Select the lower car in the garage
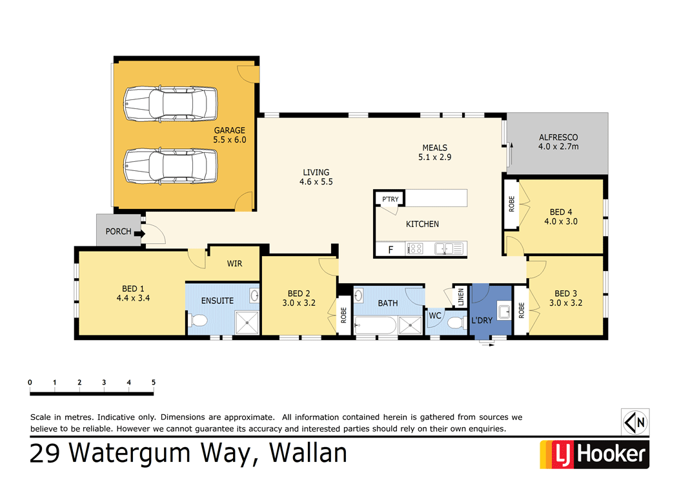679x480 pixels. [x=170, y=166]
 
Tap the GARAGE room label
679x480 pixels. [x=230, y=130]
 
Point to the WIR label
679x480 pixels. [x=234, y=264]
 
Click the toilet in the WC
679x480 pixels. [x=456, y=322]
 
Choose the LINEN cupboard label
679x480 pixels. [x=460, y=297]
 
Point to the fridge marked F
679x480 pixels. [x=390, y=249]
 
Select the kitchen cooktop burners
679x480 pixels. [x=414, y=248]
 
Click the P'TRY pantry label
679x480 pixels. [x=390, y=199]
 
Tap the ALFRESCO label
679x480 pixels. [x=558, y=137]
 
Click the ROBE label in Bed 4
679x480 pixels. [x=511, y=204]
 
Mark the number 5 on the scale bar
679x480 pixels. [x=154, y=383]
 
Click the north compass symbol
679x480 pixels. [x=635, y=423]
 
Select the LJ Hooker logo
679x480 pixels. [x=593, y=454]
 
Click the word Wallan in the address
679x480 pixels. [x=308, y=453]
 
